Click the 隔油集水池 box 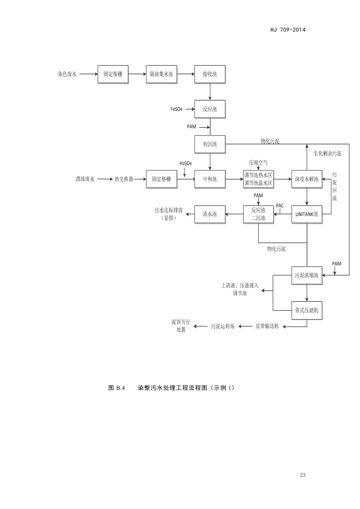pos(161,73)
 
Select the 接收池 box pos(210,73)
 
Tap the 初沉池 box pos(210,144)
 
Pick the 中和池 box pos(210,179)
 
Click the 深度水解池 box pos(307,179)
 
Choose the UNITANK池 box pos(307,214)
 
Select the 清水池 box pos(210,214)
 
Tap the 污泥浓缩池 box pos(307,275)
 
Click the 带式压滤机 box pos(307,310)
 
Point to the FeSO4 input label pos(176,109)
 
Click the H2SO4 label pos(185,163)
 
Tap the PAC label pos(280,205)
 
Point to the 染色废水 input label pos(67,73)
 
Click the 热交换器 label pos(124,179)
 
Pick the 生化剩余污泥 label pos(327,154)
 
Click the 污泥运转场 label pos(223,326)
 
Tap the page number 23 pos(303,475)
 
